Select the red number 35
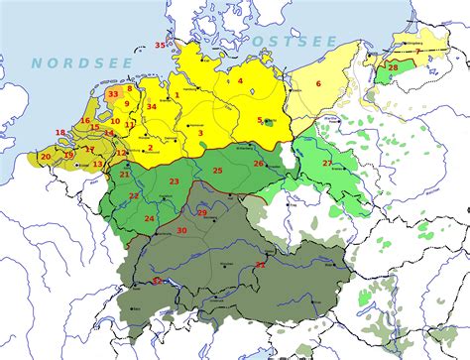tap(160, 44)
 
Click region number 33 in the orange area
tap(114, 94)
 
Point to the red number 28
tap(393, 67)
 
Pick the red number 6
tap(318, 83)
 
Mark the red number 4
tap(240, 80)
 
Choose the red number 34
tap(152, 106)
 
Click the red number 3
tap(200, 132)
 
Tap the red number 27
tap(327, 163)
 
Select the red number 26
tap(258, 164)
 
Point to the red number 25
tap(216, 171)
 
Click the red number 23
tap(174, 181)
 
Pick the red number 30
tap(181, 230)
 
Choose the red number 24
tap(149, 218)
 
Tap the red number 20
tap(45, 157)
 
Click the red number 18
tap(60, 132)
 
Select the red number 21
tap(125, 175)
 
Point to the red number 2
tap(150, 148)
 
